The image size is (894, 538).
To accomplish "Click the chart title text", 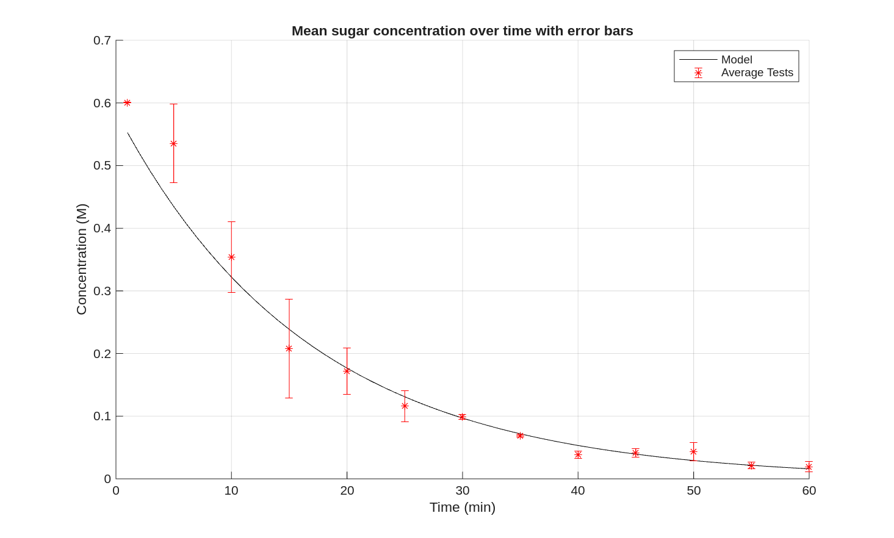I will click(x=462, y=30).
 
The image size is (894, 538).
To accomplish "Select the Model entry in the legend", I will click(x=736, y=60).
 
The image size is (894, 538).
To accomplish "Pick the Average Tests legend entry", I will click(x=757, y=73).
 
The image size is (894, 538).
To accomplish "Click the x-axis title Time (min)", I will click(x=462, y=508).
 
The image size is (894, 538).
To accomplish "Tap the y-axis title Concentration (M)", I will click(x=82, y=259).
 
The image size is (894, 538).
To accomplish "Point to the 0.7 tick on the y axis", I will click(x=102, y=40).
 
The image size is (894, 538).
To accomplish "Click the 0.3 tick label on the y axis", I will click(x=102, y=291).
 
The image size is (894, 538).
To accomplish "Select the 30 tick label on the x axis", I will click(x=463, y=490).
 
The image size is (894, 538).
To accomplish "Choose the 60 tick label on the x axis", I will click(x=809, y=490).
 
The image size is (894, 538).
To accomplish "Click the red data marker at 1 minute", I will click(x=127, y=103).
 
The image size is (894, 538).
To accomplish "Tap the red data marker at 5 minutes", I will click(x=173, y=144).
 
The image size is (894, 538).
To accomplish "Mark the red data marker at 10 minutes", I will click(x=231, y=257).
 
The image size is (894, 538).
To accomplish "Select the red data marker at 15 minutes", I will click(x=289, y=349).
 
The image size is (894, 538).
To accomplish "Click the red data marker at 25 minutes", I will click(x=405, y=406).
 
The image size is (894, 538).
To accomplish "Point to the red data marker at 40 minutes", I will click(x=578, y=455).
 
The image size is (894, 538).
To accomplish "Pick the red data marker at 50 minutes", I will click(x=693, y=452).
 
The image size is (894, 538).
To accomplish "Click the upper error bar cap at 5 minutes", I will click(x=173, y=104).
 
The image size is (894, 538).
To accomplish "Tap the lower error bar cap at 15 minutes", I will click(x=289, y=398).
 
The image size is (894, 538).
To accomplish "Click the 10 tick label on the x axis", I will click(x=231, y=490).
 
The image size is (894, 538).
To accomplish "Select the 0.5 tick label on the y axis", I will click(x=102, y=165).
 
